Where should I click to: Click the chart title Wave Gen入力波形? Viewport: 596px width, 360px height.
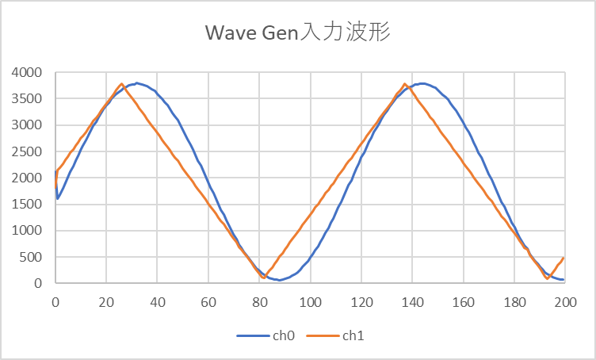coord(297,33)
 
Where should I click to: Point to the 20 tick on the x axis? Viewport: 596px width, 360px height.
coord(106,302)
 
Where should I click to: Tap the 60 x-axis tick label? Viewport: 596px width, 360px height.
coord(208,302)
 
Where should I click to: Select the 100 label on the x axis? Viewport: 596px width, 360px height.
coord(310,302)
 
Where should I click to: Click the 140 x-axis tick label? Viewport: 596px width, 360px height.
coord(412,302)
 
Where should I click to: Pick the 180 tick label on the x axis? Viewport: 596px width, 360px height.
coord(514,302)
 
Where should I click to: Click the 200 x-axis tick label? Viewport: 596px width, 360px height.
coord(565,302)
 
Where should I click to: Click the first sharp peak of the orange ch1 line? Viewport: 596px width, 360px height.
coord(121,84)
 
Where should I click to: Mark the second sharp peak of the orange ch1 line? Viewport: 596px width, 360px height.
coord(405,84)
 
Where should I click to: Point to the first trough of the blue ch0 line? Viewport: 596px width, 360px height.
coord(280,280)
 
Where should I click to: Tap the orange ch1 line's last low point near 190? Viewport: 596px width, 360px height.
coord(547,278)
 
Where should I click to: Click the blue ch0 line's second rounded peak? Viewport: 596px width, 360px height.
coord(422,83)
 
